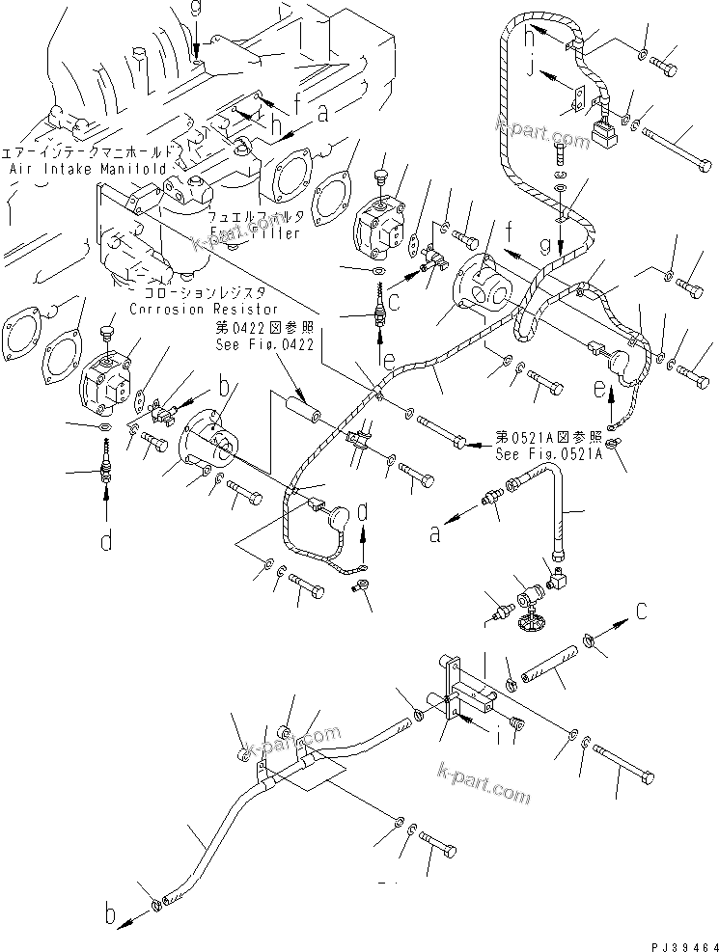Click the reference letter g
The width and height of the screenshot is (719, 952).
tap(545, 247)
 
